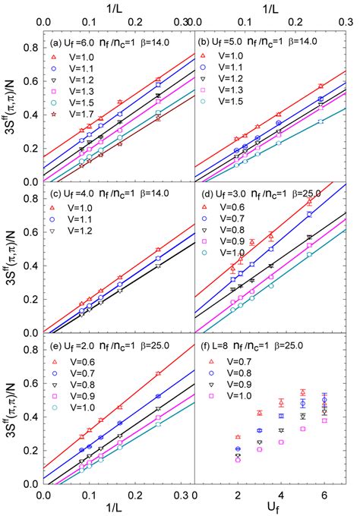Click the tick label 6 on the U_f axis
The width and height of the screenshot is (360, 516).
pyautogui.click(x=324, y=495)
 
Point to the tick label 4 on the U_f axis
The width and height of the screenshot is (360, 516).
pyautogui.click(x=281, y=495)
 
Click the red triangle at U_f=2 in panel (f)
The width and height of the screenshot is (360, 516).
pyautogui.click(x=238, y=437)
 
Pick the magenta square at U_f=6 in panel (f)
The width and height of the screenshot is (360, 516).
pyautogui.click(x=324, y=420)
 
